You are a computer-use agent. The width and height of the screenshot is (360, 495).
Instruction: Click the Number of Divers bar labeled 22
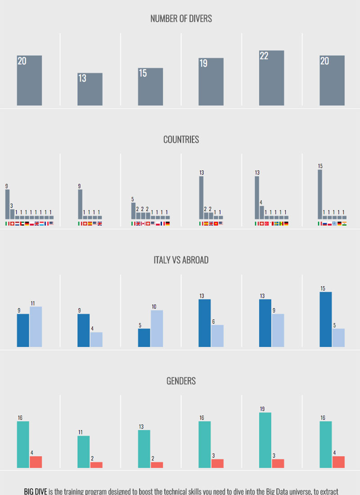(271, 78)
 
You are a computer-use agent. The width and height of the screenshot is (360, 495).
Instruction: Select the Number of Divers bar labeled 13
(90, 90)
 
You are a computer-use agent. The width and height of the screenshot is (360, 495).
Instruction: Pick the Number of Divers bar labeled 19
(211, 82)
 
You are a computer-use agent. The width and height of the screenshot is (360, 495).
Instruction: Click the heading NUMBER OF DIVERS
(181, 19)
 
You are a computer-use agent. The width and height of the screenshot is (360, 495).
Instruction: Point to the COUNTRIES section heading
(181, 139)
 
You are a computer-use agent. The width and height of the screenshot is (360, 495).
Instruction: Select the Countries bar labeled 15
(320, 194)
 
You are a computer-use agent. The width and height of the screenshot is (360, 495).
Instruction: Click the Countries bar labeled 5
(133, 211)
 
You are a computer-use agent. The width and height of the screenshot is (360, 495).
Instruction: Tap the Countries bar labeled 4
(262, 212)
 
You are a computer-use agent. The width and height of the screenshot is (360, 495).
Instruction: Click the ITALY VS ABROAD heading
(181, 260)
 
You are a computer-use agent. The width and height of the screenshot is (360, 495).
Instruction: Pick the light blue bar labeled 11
(36, 327)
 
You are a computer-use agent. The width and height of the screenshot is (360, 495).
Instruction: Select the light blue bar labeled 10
(157, 328)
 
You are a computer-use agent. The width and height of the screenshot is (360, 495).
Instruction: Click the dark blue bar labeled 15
(326, 319)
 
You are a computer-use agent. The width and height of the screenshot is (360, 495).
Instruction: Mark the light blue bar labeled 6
(217, 336)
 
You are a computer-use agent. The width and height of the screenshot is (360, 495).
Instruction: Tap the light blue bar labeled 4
(96, 339)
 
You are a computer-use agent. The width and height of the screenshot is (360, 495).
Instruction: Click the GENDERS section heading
(181, 381)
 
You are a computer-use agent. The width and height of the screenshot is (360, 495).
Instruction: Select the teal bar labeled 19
(265, 440)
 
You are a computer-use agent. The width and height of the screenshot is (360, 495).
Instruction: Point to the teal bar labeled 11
(84, 452)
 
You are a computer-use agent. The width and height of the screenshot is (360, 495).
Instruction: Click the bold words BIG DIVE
(36, 491)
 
